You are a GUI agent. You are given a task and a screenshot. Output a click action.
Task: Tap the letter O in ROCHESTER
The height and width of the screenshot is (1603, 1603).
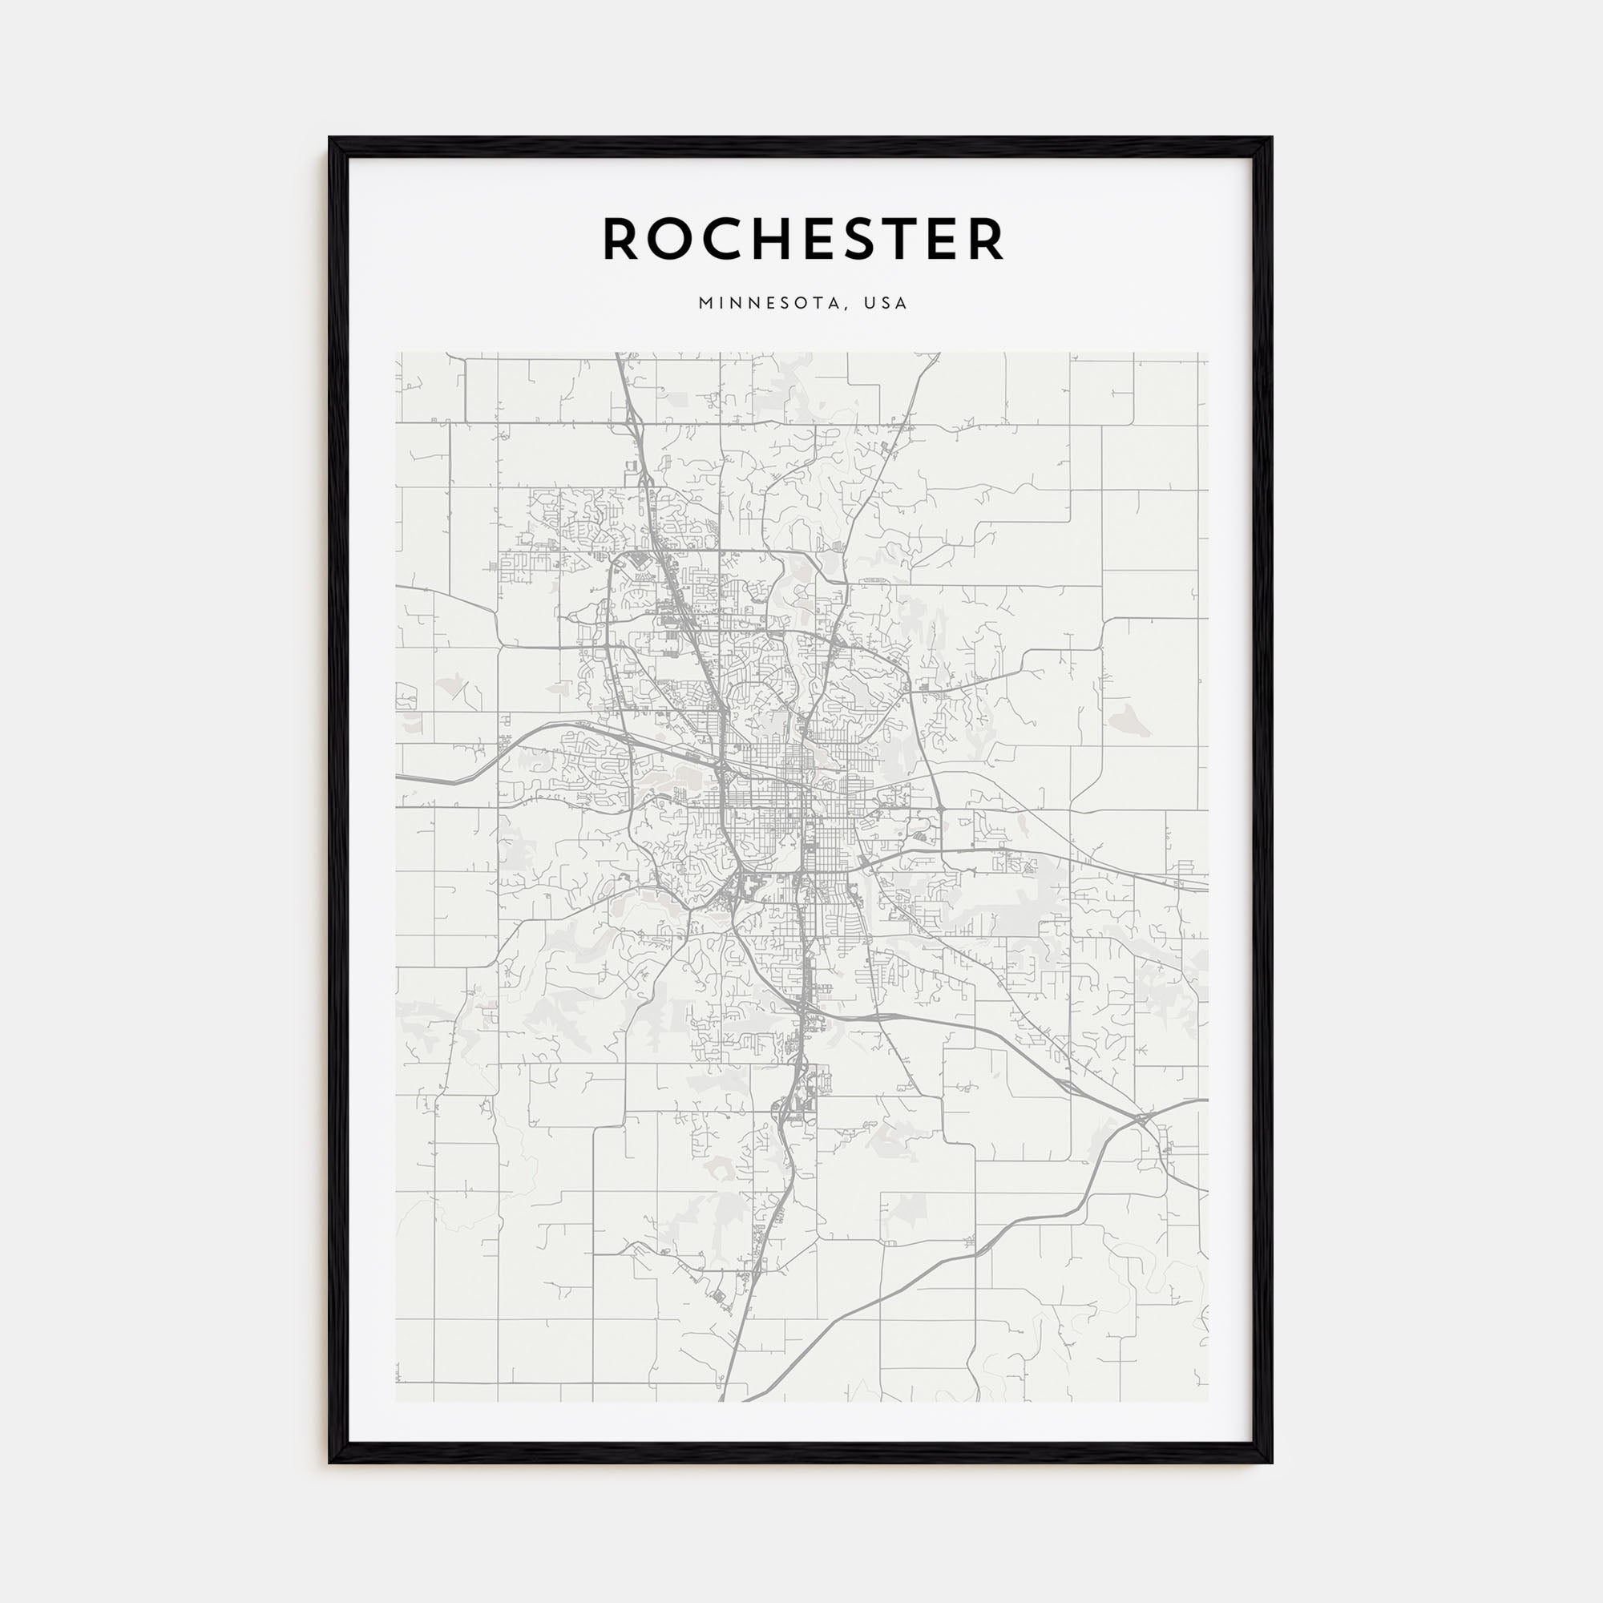[x=668, y=239]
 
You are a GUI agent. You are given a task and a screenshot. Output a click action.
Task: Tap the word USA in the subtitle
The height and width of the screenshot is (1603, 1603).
[x=886, y=304]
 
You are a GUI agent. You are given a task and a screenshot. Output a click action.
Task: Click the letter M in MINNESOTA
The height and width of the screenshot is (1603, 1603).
[x=705, y=304]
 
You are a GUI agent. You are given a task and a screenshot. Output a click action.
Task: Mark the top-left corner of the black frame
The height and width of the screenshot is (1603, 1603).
[x=329, y=138]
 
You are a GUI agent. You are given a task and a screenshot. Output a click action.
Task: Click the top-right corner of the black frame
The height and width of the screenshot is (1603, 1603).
[x=1272, y=138]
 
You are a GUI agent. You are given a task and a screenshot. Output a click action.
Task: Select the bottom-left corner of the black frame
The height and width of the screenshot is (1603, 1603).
[x=329, y=1463]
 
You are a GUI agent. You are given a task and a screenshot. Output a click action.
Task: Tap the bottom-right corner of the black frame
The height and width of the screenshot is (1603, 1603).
[x=1272, y=1463]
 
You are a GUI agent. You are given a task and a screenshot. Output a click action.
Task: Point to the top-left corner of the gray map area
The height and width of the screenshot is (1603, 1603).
[x=396, y=353]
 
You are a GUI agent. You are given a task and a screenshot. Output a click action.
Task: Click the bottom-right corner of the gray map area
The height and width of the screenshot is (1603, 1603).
[x=1208, y=1401]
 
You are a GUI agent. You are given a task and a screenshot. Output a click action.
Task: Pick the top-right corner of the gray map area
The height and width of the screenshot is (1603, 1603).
[x=1208, y=353]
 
